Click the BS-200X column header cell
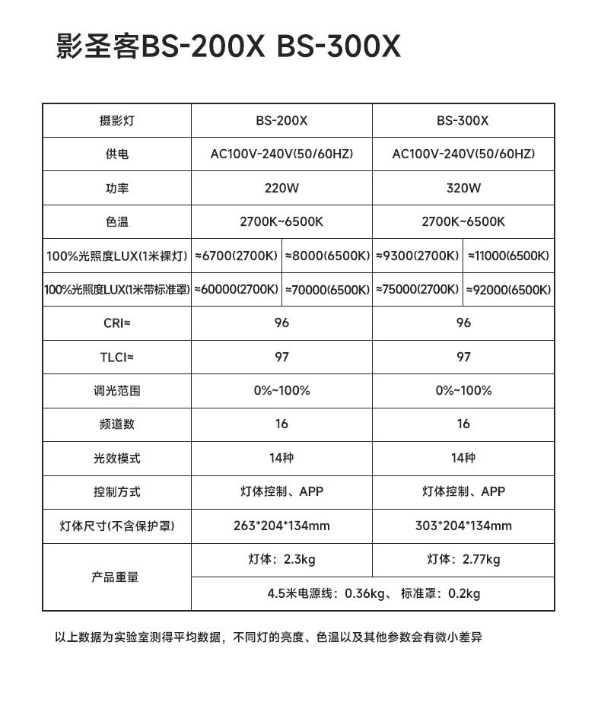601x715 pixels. [x=281, y=120]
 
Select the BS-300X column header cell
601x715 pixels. [x=463, y=120]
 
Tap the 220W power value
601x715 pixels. [x=281, y=188]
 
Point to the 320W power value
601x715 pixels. [x=463, y=188]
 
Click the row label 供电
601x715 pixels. [x=116, y=154]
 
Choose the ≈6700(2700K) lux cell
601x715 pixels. [x=236, y=256]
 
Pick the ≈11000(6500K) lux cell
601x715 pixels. [x=508, y=256]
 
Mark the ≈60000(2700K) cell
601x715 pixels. [x=236, y=290]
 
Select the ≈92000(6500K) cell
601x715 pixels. [x=508, y=290]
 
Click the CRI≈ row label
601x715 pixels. [x=116, y=323]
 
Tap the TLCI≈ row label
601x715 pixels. [x=116, y=357]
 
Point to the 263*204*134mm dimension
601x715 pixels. [x=281, y=526]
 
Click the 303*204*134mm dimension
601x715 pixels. [x=463, y=526]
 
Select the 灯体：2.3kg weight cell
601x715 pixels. [x=281, y=560]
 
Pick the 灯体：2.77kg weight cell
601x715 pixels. [x=463, y=560]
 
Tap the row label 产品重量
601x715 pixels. [x=116, y=577]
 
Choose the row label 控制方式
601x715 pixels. [x=116, y=492]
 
